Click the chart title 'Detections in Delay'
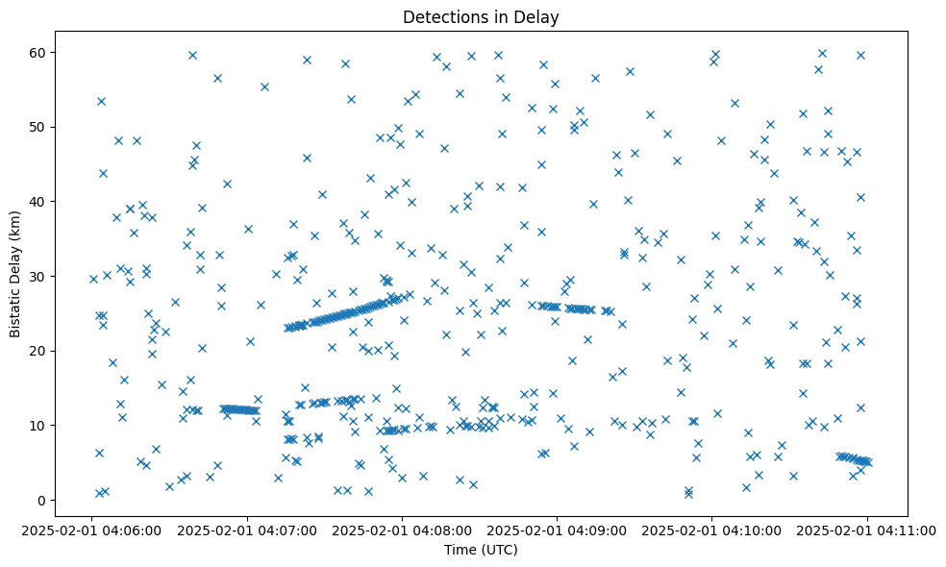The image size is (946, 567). pyautogui.click(x=481, y=16)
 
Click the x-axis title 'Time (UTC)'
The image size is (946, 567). pyautogui.click(x=481, y=550)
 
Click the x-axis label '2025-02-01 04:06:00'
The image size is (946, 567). pyautogui.click(x=93, y=530)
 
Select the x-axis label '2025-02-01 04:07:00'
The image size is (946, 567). pyautogui.click(x=248, y=530)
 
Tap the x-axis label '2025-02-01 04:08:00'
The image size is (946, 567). pyautogui.click(x=403, y=530)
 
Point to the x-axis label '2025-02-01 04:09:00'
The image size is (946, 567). pyautogui.click(x=558, y=530)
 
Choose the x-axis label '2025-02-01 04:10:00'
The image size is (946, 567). pyautogui.click(x=712, y=530)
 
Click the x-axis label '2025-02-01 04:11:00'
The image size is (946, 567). pyautogui.click(x=867, y=530)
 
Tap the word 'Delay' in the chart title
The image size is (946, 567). pyautogui.click(x=539, y=16)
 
